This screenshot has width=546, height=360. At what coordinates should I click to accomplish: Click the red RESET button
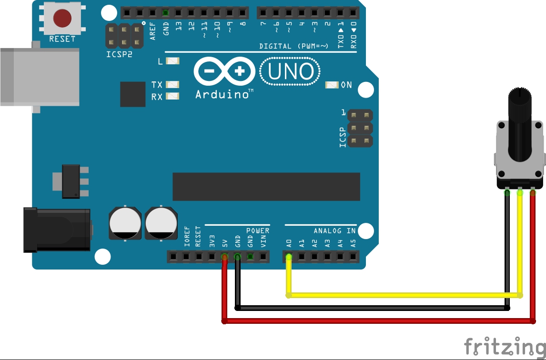(x=62, y=19)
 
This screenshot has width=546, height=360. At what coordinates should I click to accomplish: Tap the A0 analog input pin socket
(x=289, y=257)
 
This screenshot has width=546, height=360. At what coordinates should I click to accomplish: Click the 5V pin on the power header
(x=224, y=257)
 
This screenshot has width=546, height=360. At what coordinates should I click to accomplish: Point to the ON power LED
(x=332, y=85)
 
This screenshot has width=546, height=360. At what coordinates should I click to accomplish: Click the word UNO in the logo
(x=291, y=72)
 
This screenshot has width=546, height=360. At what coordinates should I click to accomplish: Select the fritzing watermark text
(x=505, y=347)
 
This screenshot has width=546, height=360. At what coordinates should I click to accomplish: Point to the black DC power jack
(x=57, y=230)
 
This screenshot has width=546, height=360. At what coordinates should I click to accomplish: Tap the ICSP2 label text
(x=119, y=54)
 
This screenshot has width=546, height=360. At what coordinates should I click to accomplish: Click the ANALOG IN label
(x=334, y=231)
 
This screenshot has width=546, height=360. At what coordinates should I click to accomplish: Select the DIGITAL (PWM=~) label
(x=293, y=46)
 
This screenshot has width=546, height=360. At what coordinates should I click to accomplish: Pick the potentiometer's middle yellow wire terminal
(x=520, y=193)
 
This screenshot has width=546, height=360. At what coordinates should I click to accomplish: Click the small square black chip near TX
(x=132, y=94)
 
